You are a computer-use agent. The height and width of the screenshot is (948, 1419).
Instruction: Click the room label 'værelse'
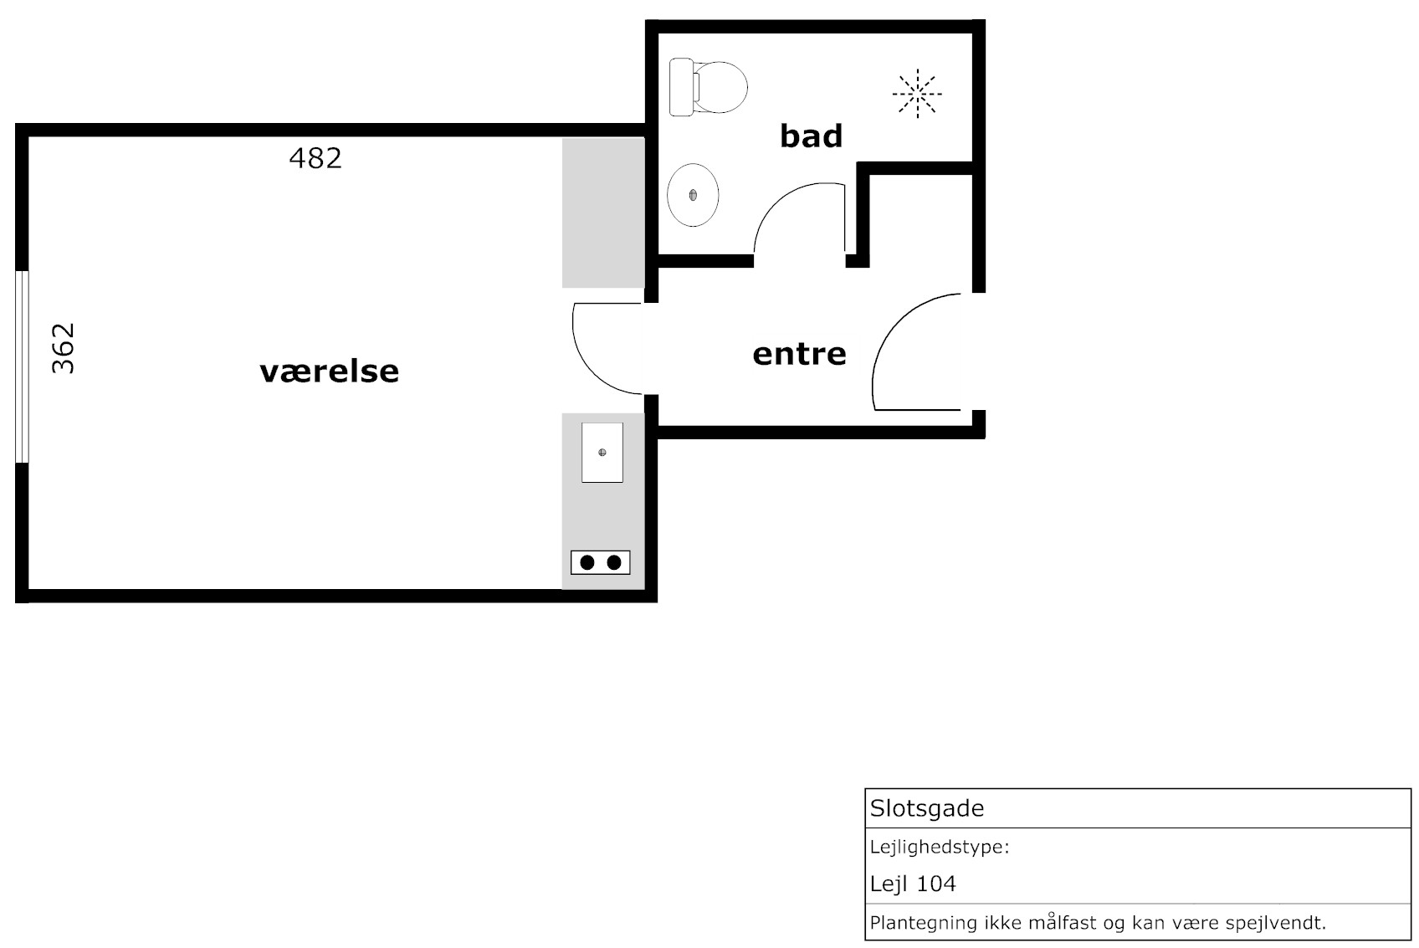330,372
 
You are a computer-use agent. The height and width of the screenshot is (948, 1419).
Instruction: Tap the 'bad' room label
811,136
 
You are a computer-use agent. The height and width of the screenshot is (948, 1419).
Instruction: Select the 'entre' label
800,354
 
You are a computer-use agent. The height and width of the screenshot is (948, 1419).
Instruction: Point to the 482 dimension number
315,158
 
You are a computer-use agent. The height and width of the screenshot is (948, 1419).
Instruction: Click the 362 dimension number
64,349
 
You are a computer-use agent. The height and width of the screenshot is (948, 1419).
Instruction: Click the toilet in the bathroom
708,88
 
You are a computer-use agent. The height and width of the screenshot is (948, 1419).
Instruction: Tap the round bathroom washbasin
693,195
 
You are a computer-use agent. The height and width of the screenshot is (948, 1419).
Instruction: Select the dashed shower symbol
917,94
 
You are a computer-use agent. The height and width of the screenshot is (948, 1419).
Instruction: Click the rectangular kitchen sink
602,453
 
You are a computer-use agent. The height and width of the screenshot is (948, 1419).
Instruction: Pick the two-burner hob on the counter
601,563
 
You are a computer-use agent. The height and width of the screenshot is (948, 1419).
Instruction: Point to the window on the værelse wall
22,367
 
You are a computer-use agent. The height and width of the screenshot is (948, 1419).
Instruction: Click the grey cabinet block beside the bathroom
603,213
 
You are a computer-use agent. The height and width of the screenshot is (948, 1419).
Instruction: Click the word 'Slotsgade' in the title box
927,808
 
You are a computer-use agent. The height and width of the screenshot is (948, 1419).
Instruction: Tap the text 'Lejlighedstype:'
940,848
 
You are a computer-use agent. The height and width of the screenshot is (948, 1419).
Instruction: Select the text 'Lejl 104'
913,884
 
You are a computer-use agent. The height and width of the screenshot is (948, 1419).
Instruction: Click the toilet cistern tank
682,88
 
